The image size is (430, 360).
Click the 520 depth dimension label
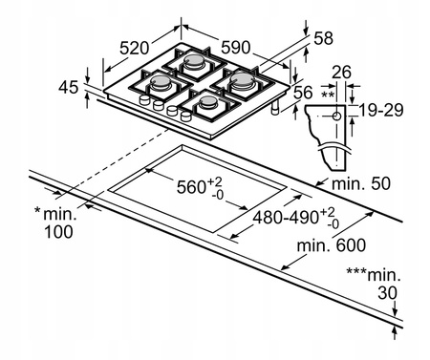[134, 48]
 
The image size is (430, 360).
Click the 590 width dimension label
[236, 48]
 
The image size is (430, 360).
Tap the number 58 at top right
[323, 38]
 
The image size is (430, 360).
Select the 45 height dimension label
[68, 87]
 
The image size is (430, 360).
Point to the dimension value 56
[303, 93]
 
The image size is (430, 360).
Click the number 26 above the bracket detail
[341, 72]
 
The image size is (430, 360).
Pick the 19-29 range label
[381, 110]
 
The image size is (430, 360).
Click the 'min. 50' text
[361, 183]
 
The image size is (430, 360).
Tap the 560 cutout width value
[191, 187]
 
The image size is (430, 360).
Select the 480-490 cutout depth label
[286, 218]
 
